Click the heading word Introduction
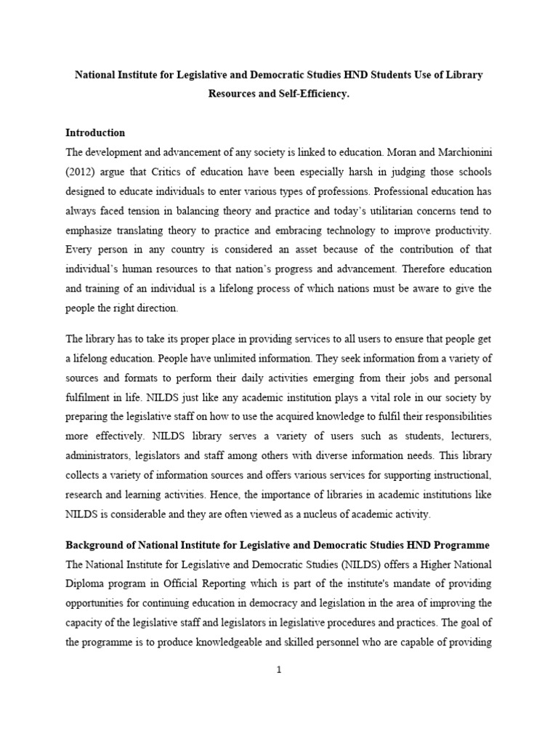pyautogui.click(x=95, y=133)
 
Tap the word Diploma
pyautogui.click(x=86, y=583)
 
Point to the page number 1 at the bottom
pyautogui.click(x=279, y=670)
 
